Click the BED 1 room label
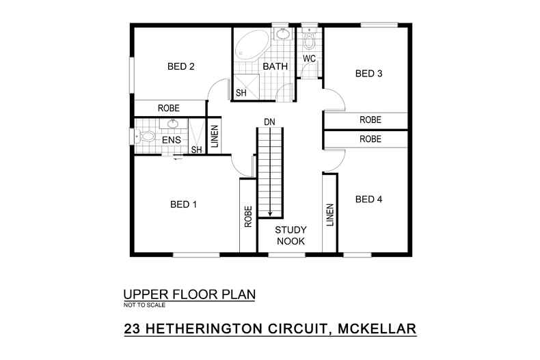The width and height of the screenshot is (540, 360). (183, 204)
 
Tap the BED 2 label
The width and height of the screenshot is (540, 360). (181, 66)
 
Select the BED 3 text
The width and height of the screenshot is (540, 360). (368, 74)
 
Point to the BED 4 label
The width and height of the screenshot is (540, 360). (368, 199)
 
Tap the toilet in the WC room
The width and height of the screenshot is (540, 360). (309, 42)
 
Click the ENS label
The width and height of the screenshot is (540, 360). (171, 141)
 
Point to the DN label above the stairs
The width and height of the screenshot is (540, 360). (269, 123)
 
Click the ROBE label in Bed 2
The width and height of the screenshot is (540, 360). (169, 108)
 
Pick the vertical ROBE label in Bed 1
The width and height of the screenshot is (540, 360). (247, 217)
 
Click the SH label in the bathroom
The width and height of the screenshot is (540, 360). (241, 92)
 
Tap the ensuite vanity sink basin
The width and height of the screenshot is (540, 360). (173, 124)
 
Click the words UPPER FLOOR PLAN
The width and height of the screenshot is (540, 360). (189, 294)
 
